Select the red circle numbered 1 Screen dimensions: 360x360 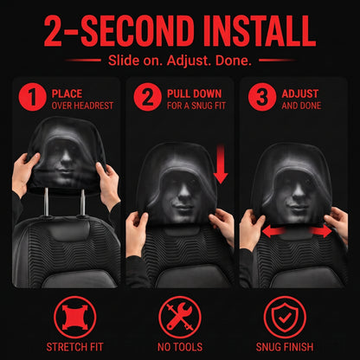[x=32, y=97]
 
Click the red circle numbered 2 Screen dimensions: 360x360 [x=147, y=97]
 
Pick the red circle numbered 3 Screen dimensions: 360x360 [x=262, y=97]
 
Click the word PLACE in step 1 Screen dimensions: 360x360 [x=67, y=93]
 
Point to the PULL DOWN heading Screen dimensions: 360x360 [x=194, y=93]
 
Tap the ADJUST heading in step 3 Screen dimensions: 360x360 [x=300, y=93]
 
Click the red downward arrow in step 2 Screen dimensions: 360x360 [x=221, y=164]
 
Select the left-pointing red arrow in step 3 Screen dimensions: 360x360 [x=274, y=231]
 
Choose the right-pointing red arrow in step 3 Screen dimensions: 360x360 [x=321, y=231]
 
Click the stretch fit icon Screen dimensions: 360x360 [x=75, y=318]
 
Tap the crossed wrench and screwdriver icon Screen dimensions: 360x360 [x=180, y=318]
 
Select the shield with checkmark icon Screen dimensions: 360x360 [x=285, y=318]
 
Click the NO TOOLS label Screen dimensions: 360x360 [x=180, y=347]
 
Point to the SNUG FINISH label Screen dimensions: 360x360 [x=285, y=347]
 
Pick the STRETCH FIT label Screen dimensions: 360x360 [x=74, y=347]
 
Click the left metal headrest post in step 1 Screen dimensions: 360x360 [x=46, y=202]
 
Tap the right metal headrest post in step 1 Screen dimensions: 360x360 [x=82, y=202]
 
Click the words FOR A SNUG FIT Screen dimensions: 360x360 [x=196, y=106]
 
